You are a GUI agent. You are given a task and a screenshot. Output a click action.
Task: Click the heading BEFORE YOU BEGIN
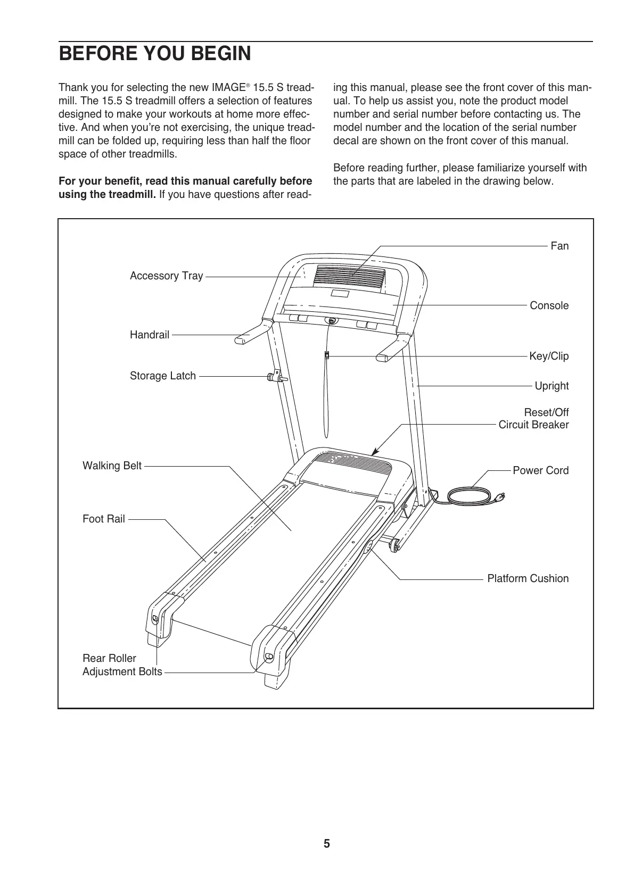(x=154, y=54)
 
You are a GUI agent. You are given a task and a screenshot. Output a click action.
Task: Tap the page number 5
(x=326, y=843)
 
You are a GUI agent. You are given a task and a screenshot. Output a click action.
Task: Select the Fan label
(x=559, y=246)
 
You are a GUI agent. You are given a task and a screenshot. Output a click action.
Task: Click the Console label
(x=549, y=305)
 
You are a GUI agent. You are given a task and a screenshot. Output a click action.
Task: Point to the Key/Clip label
(x=549, y=356)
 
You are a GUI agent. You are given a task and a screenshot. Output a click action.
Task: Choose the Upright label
(x=551, y=386)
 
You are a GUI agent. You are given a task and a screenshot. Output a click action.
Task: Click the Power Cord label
(x=540, y=470)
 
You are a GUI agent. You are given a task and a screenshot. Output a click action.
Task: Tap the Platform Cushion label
(x=528, y=578)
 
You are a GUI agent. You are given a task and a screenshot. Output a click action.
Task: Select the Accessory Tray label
(x=166, y=276)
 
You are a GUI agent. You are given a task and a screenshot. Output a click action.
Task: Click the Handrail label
(x=150, y=335)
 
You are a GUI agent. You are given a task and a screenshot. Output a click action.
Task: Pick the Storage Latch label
(x=163, y=376)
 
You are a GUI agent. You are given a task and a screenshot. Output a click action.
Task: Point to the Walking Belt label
(x=112, y=466)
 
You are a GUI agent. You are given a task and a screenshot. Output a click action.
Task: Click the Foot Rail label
(x=104, y=519)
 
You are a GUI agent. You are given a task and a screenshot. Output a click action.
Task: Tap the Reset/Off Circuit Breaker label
(x=533, y=419)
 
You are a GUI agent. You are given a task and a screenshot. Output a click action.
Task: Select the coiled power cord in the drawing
(x=468, y=496)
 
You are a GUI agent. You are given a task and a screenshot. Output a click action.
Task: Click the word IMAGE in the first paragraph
(x=228, y=87)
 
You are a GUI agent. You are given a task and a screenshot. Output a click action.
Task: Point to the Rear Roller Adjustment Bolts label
(x=122, y=665)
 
